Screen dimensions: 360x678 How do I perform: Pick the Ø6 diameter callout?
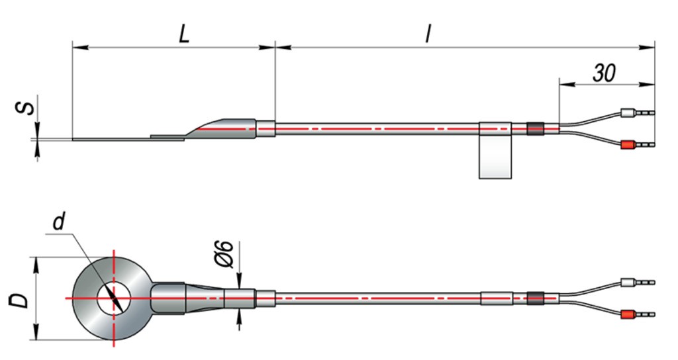(x=225, y=254)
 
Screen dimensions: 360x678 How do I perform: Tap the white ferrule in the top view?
(x=626, y=113)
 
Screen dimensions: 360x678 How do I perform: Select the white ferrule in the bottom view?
(x=626, y=283)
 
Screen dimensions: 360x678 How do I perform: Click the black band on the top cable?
(x=534, y=128)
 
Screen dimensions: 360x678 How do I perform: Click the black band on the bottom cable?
(x=534, y=298)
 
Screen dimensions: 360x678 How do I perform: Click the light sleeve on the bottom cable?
(x=496, y=298)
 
